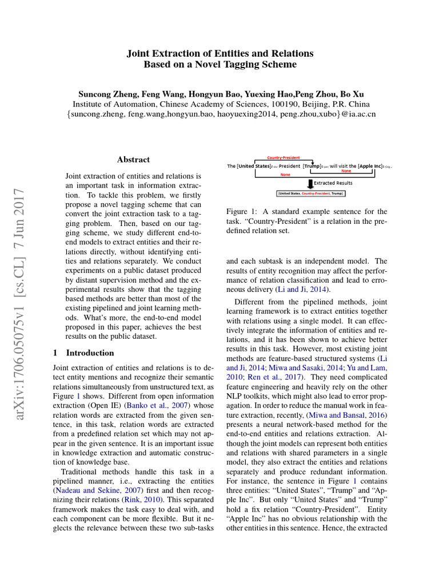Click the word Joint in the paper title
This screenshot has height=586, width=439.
(138, 53)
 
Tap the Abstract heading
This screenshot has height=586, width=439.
(133, 160)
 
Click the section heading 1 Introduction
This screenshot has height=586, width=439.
(83, 353)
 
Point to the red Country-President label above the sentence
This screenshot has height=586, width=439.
(284, 158)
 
